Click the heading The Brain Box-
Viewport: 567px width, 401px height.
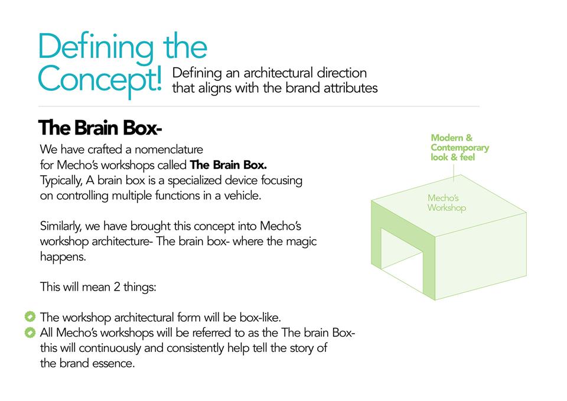(x=100, y=128)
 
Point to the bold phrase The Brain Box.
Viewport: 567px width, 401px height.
(x=229, y=165)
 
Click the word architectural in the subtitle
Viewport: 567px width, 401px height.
(x=278, y=73)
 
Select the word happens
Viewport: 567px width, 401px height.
(x=63, y=257)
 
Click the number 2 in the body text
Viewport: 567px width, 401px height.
(x=117, y=287)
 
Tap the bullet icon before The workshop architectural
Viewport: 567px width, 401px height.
(x=30, y=317)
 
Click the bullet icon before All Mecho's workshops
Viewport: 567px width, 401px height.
(x=30, y=332)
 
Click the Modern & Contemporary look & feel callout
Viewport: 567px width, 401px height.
(x=460, y=148)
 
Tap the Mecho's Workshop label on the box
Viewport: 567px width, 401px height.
(x=447, y=203)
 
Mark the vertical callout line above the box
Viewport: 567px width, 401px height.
(x=454, y=172)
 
